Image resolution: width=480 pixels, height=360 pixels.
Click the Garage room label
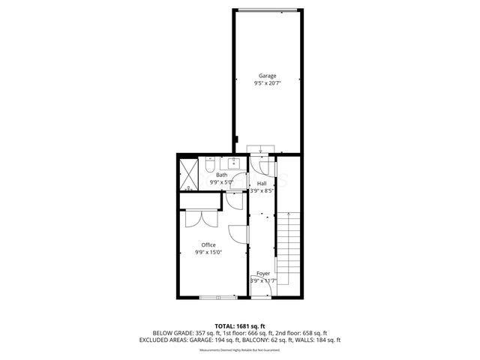click(x=268, y=76)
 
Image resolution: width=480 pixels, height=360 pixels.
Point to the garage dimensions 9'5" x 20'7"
click(x=268, y=83)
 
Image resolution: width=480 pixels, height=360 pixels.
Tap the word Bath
click(x=222, y=175)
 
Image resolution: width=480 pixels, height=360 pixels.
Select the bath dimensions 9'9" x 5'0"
click(x=223, y=181)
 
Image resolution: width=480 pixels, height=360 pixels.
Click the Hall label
click(x=262, y=183)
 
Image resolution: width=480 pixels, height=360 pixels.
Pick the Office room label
click(x=208, y=245)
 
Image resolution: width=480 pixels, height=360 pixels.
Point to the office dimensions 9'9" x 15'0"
click(x=208, y=253)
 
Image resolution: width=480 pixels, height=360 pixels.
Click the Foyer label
click(x=263, y=274)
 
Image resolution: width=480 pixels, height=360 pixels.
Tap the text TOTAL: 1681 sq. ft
click(x=240, y=325)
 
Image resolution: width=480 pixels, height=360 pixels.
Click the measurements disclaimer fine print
click(x=240, y=349)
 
